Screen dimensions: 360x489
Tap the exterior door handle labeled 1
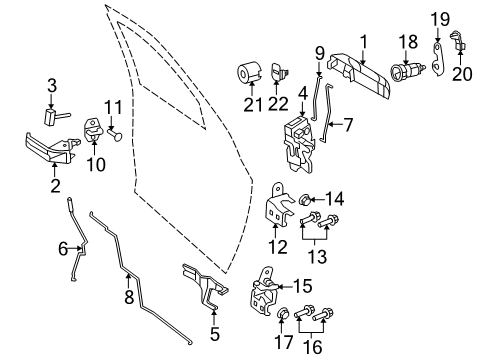click(355, 73)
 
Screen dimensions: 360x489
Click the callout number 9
click(320, 51)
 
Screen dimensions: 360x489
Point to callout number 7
click(349, 126)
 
